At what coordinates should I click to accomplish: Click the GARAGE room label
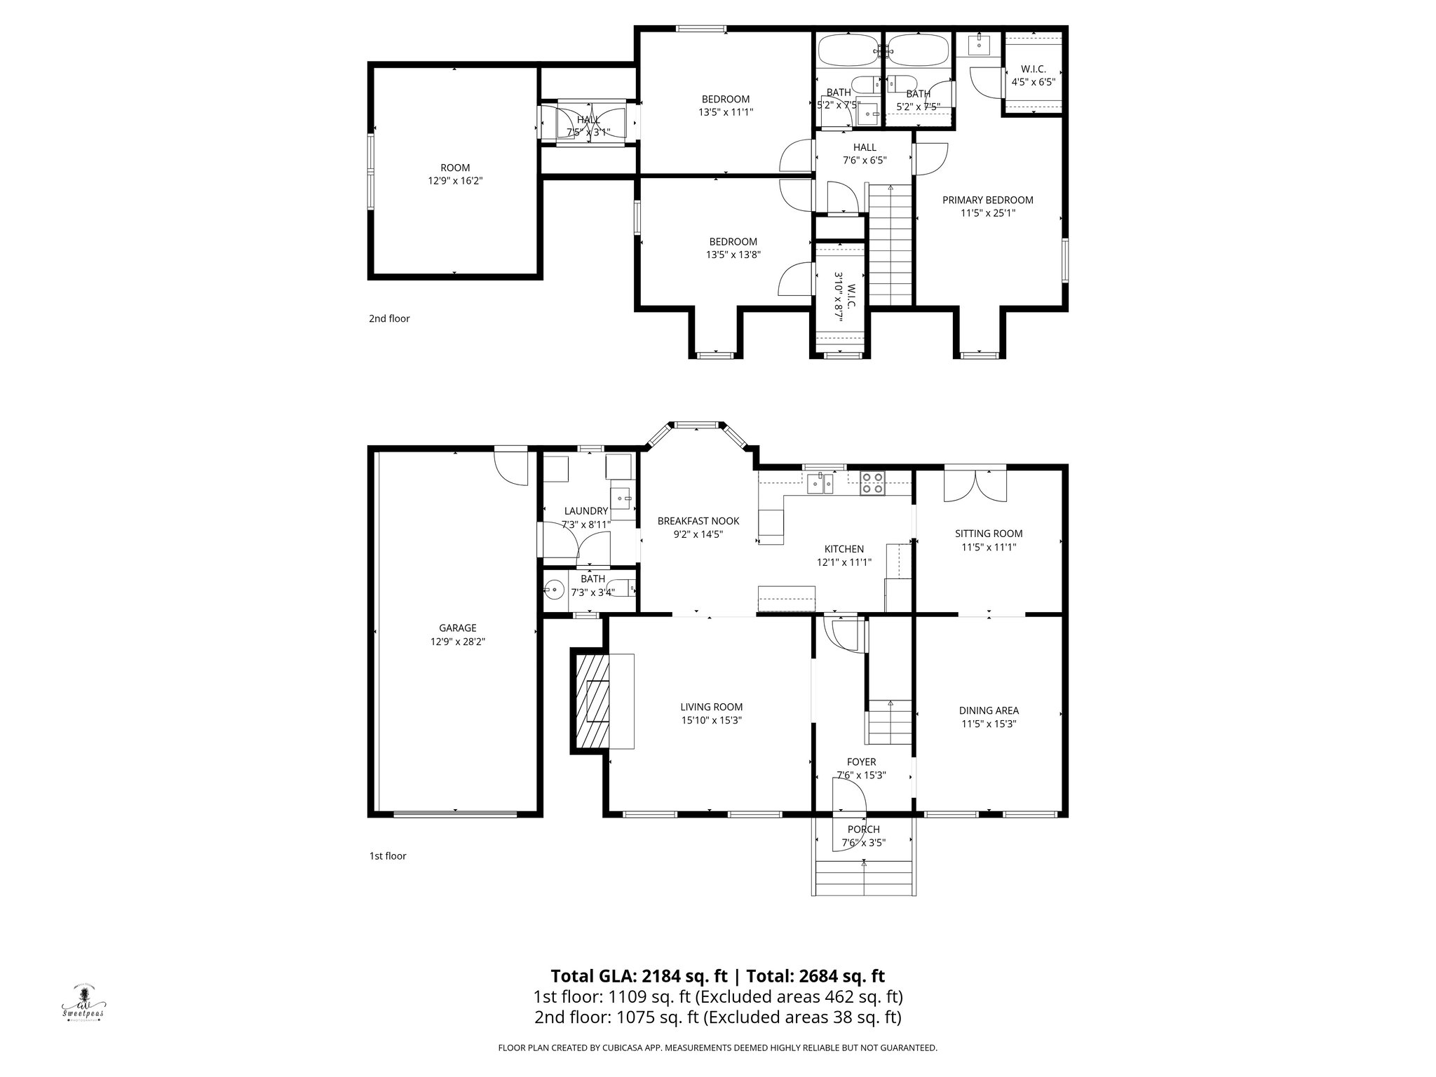pos(458,628)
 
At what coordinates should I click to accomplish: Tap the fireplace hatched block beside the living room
pos(591,701)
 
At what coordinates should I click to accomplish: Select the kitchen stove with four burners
pos(873,484)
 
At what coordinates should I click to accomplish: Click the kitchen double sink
pos(820,483)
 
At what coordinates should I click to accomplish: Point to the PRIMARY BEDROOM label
pos(987,200)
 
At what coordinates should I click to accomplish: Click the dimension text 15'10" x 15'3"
pos(711,720)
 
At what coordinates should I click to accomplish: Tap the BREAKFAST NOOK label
pos(698,521)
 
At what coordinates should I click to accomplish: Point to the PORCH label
pos(863,829)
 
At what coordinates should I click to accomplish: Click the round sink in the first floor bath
pos(555,590)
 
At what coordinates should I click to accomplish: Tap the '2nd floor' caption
pos(389,318)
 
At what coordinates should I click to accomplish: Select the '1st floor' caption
pos(388,855)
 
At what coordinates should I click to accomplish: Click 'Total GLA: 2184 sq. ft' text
pos(639,976)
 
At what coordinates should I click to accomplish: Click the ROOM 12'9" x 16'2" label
pos(455,174)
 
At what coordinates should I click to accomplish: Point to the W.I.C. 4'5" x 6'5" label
pos(1033,75)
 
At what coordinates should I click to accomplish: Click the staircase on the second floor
pos(890,245)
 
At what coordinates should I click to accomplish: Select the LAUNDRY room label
pos(585,511)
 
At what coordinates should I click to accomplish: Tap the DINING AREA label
pos(989,710)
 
